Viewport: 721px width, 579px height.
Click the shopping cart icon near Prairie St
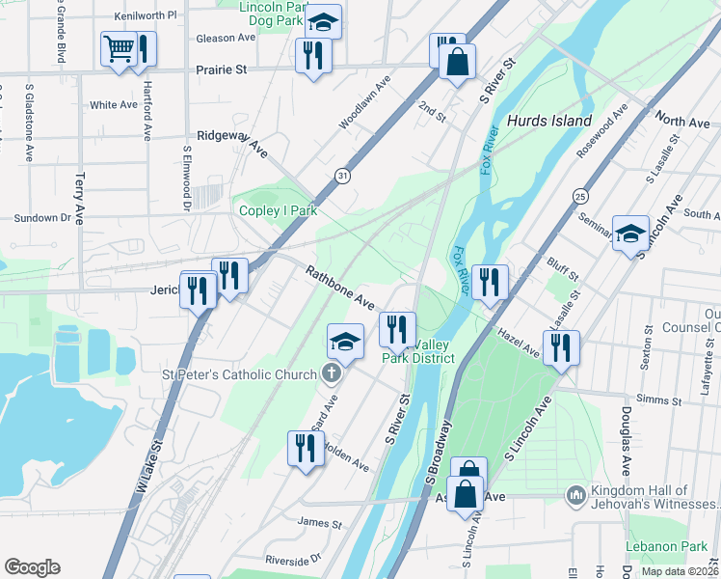(119, 48)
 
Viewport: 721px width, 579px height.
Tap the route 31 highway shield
(342, 175)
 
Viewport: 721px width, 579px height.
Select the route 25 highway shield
(579, 196)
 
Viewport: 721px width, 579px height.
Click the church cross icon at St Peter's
(331, 374)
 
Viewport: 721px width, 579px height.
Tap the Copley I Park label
(279, 209)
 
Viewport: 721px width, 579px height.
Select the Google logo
(32, 566)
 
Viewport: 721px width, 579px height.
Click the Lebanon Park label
(666, 546)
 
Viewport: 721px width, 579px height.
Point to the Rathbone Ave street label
(340, 288)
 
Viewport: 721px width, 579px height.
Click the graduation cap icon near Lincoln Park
(325, 21)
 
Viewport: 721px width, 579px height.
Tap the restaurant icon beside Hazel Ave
(560, 346)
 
